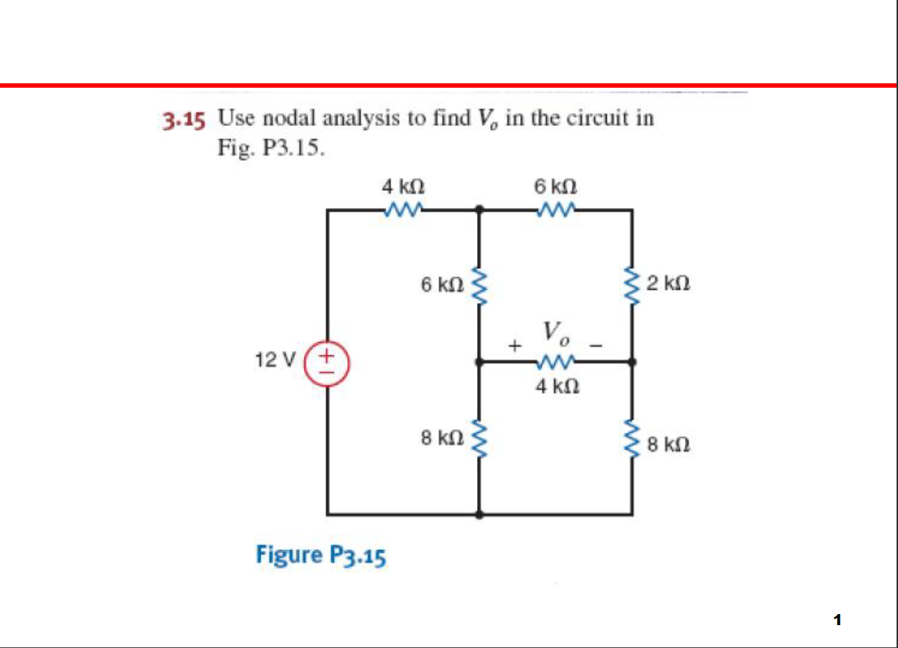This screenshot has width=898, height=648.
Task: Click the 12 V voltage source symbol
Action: (x=328, y=361)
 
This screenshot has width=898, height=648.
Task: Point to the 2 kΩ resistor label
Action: (x=668, y=282)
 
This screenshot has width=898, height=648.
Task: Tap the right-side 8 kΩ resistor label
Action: (x=668, y=445)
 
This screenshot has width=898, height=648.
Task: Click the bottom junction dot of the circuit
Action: (x=480, y=514)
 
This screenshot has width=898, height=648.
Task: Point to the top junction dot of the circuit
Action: (x=480, y=210)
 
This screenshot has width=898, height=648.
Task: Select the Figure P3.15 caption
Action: (x=321, y=554)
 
